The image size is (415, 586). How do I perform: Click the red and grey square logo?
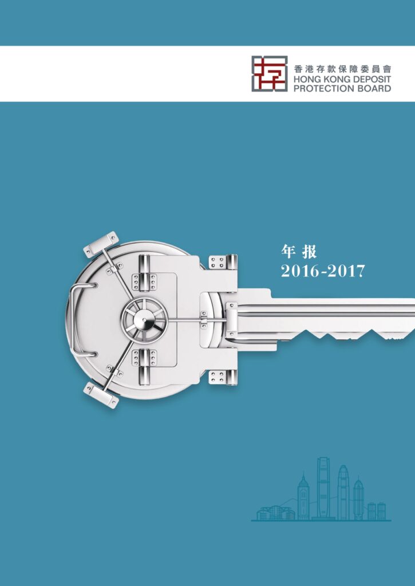pyautogui.click(x=270, y=74)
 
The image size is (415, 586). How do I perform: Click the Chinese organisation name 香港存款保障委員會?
pyautogui.click(x=342, y=69)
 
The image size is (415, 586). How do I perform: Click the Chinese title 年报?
pyautogui.click(x=299, y=252)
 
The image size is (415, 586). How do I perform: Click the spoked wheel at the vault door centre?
pyautogui.click(x=144, y=320)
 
